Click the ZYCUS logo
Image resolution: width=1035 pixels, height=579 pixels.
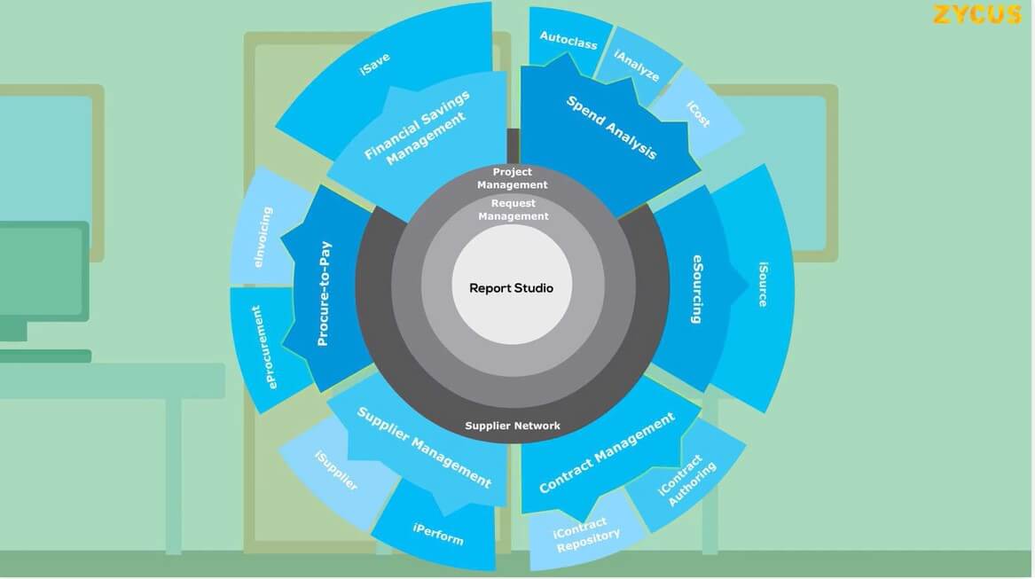coord(976,15)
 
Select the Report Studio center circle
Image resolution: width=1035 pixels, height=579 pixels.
coord(511,287)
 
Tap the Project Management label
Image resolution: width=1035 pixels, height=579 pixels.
coord(513,178)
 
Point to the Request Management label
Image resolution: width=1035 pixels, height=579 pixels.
coord(514,209)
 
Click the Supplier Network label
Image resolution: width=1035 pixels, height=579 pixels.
coord(513,426)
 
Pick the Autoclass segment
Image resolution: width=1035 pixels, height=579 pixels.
coord(568,40)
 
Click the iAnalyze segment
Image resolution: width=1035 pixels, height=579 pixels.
coord(637,66)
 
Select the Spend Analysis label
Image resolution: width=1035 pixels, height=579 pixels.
coord(612,127)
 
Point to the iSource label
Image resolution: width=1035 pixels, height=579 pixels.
coord(763,284)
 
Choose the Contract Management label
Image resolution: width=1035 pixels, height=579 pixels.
coord(607,452)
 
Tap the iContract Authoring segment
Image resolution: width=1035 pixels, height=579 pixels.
coord(686,479)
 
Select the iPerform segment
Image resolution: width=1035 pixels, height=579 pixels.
coord(438,534)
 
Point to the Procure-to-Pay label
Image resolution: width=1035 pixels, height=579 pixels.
coord(324,293)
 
